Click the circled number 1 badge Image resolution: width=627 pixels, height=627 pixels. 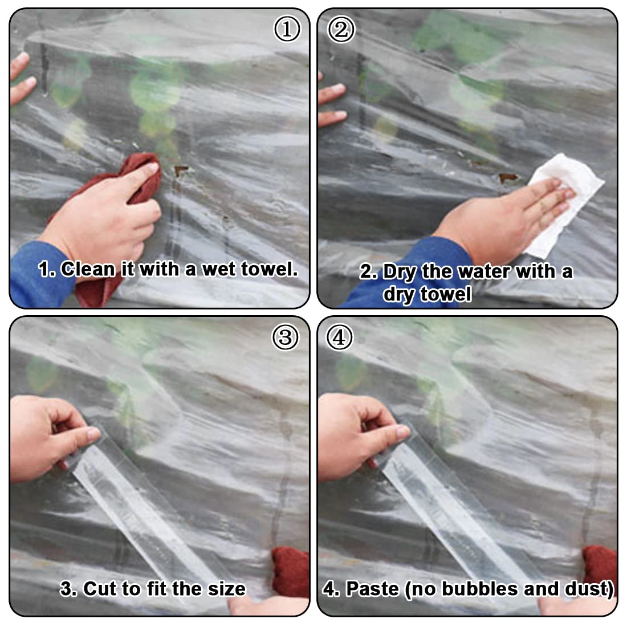[x=287, y=29]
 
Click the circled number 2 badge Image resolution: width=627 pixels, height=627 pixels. [x=341, y=29]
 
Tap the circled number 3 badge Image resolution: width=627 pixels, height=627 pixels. [x=285, y=337]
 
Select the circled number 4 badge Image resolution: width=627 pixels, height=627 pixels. [x=340, y=337]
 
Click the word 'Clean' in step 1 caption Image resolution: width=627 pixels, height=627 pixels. [x=88, y=269]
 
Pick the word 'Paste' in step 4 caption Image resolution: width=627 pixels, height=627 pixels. [x=373, y=589]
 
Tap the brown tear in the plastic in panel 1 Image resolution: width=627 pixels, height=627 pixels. [x=181, y=170]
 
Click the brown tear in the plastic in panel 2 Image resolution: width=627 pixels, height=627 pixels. [x=507, y=177]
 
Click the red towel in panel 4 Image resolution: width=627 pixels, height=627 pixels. [x=600, y=568]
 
